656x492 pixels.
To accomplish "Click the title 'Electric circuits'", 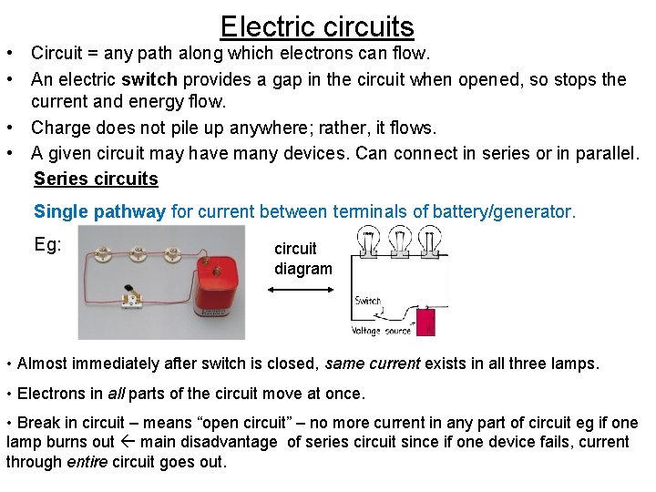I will [317, 26].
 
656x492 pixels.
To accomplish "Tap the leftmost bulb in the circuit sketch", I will [370, 242].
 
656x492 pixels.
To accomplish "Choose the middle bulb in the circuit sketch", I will [400, 242].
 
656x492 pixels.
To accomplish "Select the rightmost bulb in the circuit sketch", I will [431, 242].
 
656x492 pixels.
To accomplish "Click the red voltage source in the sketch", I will [425, 322].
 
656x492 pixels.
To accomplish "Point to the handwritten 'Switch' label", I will [368, 301].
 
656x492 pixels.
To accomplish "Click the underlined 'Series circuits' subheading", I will [96, 179].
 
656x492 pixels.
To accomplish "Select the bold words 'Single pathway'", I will [99, 212].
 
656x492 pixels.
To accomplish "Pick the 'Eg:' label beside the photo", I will [47, 244].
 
